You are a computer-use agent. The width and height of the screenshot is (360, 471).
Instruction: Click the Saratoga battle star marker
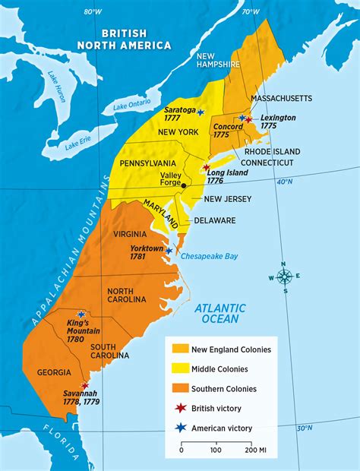(201, 112)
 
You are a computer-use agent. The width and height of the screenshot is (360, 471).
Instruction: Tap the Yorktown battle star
(169, 250)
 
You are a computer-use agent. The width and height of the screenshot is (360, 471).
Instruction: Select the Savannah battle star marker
(84, 386)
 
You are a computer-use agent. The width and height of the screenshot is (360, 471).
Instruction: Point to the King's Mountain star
(81, 314)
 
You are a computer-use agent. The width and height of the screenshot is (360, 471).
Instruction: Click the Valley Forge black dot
(184, 185)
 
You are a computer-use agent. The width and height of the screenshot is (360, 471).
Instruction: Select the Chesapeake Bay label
(210, 256)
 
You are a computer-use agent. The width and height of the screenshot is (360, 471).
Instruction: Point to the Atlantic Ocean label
(220, 314)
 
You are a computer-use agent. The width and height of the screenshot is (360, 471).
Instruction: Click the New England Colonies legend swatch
(180, 349)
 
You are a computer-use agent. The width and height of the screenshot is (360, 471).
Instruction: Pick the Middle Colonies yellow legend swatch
(180, 369)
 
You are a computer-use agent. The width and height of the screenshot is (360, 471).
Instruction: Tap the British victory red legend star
(180, 408)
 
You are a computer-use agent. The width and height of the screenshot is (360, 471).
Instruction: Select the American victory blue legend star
(180, 428)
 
